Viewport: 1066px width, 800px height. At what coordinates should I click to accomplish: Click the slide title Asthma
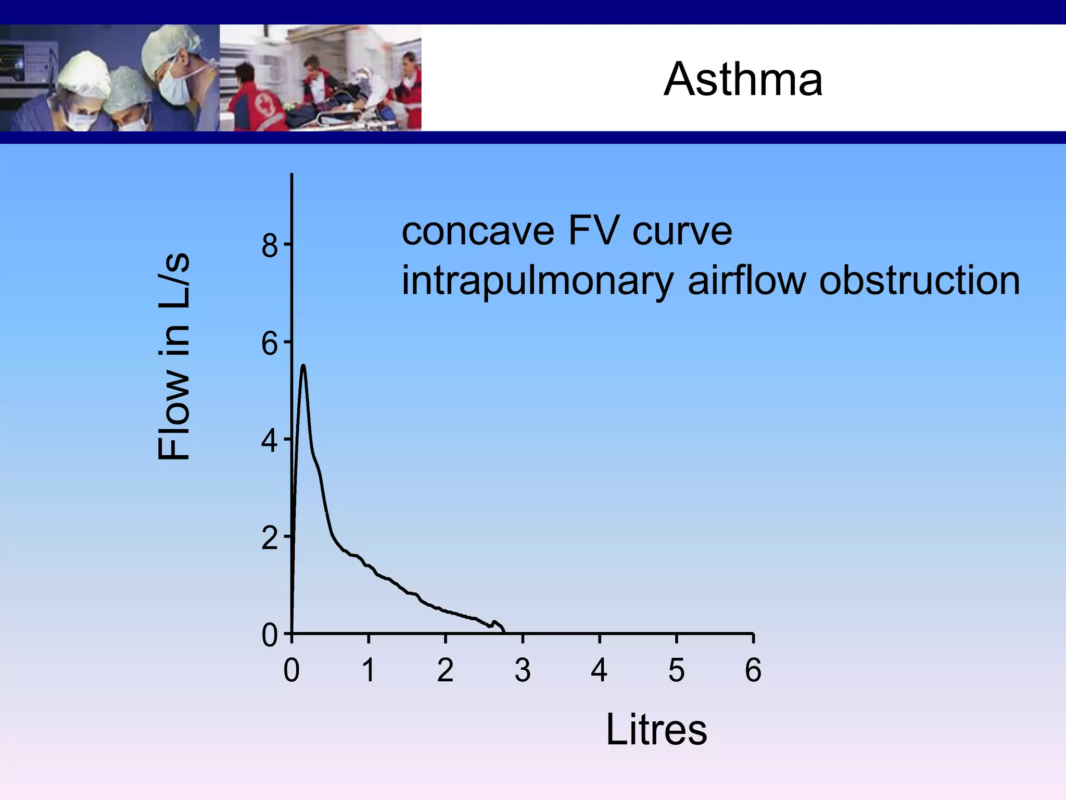tap(743, 79)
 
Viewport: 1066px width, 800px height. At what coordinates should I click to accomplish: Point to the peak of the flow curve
tap(303, 366)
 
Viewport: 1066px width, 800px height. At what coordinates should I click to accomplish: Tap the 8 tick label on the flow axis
tap(270, 245)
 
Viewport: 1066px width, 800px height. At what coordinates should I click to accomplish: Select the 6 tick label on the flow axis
tap(270, 344)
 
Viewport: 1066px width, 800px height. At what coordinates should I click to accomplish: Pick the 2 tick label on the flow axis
tap(270, 539)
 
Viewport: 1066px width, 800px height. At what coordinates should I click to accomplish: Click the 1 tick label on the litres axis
tap(369, 670)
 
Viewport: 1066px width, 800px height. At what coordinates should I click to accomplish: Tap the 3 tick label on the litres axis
tap(523, 670)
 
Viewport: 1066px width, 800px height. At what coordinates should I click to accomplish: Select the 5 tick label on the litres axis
tap(676, 670)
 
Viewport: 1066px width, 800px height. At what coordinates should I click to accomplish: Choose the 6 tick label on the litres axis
tap(753, 670)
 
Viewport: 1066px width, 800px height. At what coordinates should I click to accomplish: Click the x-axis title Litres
tap(656, 730)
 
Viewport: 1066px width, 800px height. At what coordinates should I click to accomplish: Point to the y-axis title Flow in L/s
tap(174, 357)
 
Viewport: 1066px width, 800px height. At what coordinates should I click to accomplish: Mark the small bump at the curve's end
tap(495, 622)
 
